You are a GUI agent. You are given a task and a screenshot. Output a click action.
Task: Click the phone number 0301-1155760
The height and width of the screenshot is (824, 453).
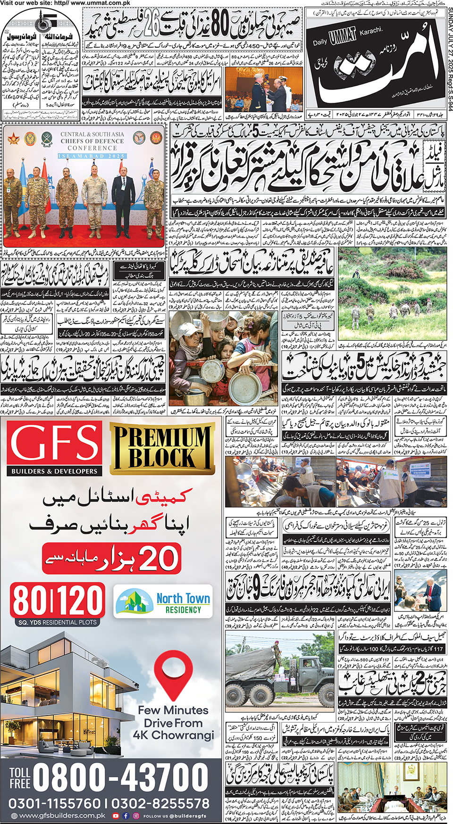click(x=54, y=803)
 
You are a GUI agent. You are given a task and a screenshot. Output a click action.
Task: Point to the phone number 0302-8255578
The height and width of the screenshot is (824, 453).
click(x=161, y=803)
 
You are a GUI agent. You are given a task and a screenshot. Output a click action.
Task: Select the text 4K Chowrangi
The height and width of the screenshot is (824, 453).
click(x=173, y=735)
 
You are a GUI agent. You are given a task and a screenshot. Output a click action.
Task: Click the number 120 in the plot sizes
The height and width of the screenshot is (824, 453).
click(x=81, y=601)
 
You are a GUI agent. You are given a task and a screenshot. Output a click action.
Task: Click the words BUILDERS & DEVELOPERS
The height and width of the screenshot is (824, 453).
click(x=54, y=471)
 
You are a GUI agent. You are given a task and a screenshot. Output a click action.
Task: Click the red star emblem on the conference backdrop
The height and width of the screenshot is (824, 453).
click(x=13, y=138)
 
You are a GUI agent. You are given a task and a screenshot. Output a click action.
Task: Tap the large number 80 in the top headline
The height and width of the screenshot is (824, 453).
click(x=219, y=26)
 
